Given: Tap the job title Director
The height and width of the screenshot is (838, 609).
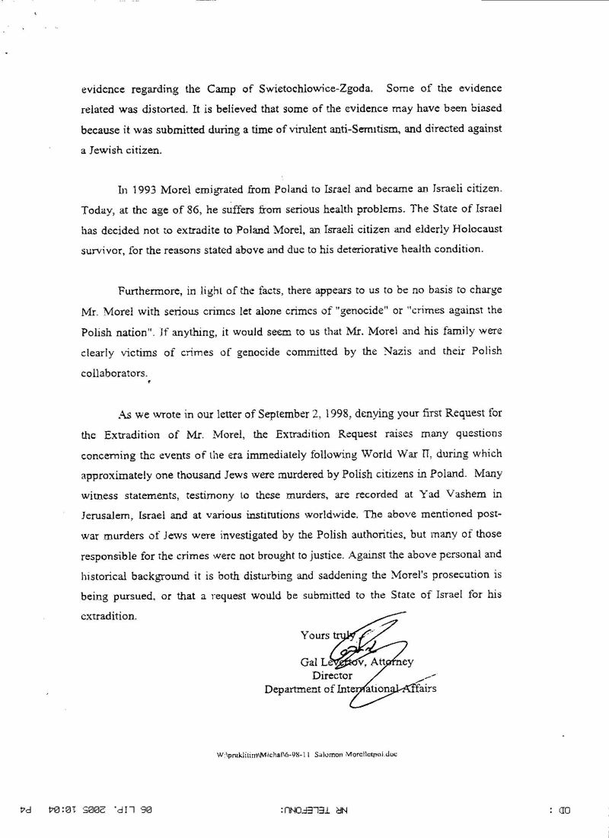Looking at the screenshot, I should tap(333, 675).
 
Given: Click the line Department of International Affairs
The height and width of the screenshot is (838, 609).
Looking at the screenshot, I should tap(350, 689).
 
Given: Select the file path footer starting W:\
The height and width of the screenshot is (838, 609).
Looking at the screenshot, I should tap(308, 754).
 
